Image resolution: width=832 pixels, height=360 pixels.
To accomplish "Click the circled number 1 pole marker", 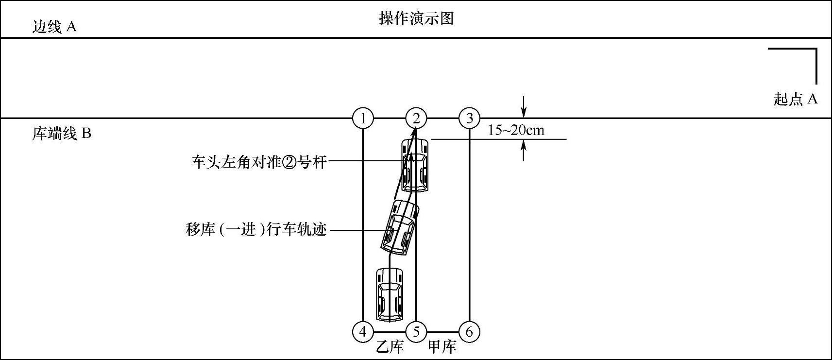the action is pos(363,118).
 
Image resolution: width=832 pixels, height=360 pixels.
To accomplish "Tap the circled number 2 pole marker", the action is pos(416,118).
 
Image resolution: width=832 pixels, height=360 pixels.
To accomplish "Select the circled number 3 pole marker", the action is pos(469,118).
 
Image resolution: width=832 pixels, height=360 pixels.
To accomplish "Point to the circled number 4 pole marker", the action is pos(363,332).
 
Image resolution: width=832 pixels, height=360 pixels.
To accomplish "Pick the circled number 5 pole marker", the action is pos(416,332).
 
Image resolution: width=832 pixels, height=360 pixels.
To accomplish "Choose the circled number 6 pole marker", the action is pos(469,332).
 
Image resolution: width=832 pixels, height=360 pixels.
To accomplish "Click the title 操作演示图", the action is pos(416,18).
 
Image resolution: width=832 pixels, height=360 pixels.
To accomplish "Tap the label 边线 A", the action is pos(54,27).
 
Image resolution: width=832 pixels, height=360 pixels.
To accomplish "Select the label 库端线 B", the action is pos(62,134).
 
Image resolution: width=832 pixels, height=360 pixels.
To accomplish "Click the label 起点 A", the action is pos(796,99).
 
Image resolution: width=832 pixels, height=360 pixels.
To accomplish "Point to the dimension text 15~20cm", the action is pos(516,130).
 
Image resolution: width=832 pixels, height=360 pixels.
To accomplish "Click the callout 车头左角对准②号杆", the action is pos(258,162).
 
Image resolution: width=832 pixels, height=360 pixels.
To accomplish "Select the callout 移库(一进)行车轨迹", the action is pos(255,229).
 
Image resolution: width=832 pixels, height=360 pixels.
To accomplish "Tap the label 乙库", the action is pos(391,347).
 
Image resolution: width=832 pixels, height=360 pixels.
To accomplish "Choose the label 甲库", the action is pos(442,347).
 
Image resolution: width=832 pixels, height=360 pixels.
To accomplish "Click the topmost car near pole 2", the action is pos(415,166).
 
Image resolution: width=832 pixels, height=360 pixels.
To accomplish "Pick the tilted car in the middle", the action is pos(400,227).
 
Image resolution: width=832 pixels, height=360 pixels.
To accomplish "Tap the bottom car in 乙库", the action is pos(390,294).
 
